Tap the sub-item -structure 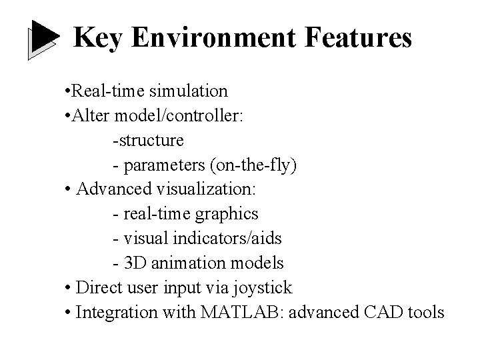(x=149, y=140)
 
